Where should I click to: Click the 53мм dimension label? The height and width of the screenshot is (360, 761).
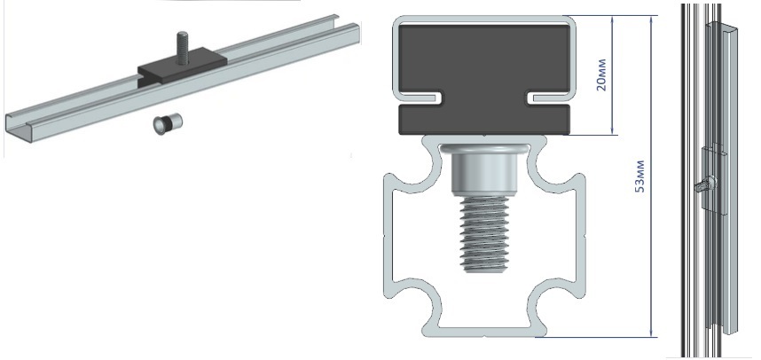coord(640,176)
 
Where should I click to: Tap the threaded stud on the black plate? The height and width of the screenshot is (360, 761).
coord(182,48)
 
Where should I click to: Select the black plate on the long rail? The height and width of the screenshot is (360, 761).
coord(182,70)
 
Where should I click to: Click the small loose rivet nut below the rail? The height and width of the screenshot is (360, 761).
coord(168,124)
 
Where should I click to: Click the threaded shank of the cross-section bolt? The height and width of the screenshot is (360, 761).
coord(483,234)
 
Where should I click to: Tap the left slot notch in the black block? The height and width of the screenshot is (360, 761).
coord(420,98)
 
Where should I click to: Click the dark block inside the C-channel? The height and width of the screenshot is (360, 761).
coord(484,80)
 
